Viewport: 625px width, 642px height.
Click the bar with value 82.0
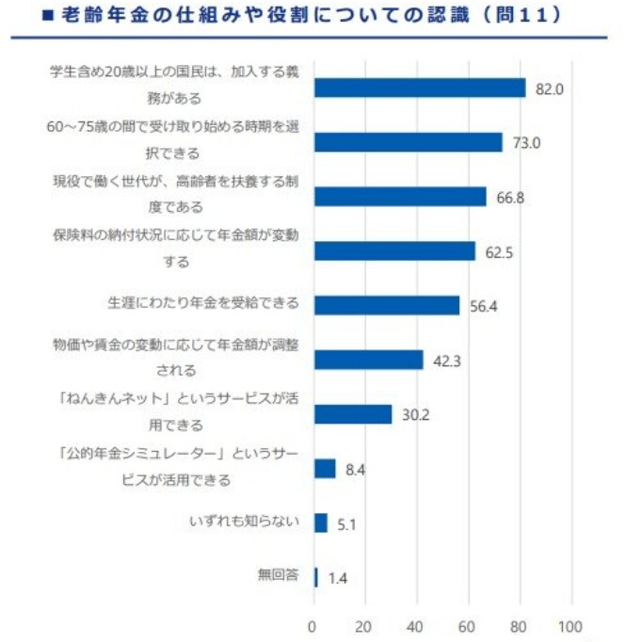419,88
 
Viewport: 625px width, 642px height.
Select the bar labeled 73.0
408,142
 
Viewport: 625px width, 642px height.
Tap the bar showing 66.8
399,196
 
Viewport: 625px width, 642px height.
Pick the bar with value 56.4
386,305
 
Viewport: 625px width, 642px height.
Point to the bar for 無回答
315,577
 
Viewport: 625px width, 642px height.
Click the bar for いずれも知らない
320,522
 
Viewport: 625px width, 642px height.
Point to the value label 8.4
355,469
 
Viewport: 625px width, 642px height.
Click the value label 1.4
337,578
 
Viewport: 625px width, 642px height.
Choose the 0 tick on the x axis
313,624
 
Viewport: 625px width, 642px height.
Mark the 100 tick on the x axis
569,624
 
